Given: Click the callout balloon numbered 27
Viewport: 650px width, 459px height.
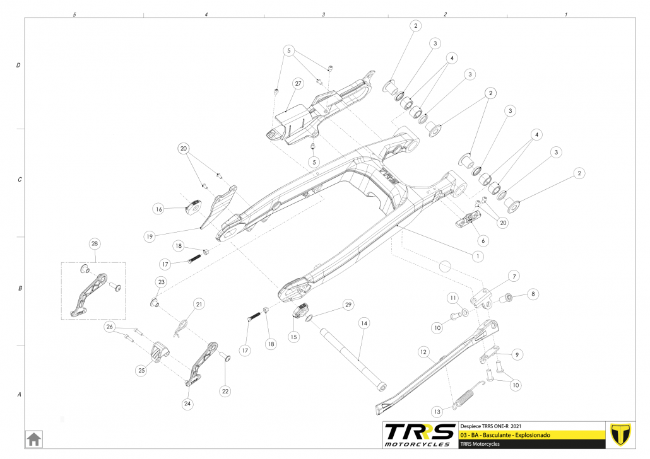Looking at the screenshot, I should tap(298, 83).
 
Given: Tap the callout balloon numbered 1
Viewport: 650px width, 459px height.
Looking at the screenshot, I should tap(478, 257).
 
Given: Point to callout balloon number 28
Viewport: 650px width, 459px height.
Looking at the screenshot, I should tap(95, 244).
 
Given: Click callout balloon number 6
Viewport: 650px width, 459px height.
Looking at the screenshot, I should tap(483, 240).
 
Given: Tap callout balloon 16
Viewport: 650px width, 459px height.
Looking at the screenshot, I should tap(159, 209).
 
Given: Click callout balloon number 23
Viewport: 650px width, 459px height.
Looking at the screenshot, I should tap(161, 282).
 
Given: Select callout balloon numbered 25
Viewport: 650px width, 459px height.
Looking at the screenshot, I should tap(141, 371).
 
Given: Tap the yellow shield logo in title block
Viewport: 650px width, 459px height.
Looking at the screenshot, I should tap(621, 434).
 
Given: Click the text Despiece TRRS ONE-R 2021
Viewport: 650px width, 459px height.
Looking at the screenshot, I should tap(490, 426).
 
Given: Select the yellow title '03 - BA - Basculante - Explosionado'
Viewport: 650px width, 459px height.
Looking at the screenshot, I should tap(506, 435).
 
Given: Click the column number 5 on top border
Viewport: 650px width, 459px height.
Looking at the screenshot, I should tap(74, 14).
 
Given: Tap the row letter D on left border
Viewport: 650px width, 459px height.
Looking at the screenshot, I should tap(18, 66).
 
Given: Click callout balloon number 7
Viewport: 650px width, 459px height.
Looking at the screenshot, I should tap(514, 276).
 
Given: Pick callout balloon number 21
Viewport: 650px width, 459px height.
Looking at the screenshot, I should tap(199, 305).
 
